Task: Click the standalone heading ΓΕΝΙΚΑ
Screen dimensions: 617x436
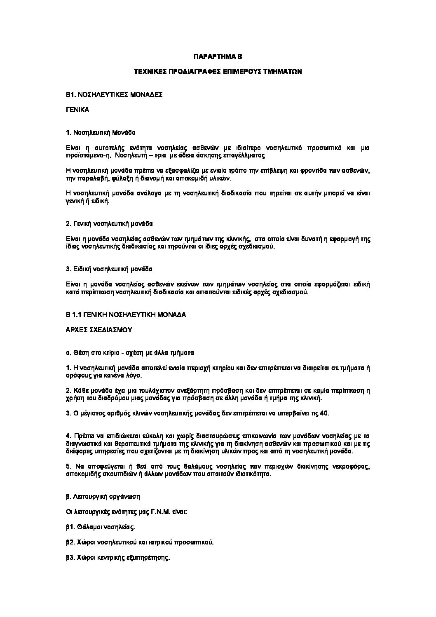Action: [77, 110]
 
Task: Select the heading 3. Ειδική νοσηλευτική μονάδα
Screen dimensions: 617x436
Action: [109, 269]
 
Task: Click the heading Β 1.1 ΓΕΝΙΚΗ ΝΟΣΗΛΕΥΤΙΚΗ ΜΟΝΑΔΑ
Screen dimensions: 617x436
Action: [126, 314]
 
